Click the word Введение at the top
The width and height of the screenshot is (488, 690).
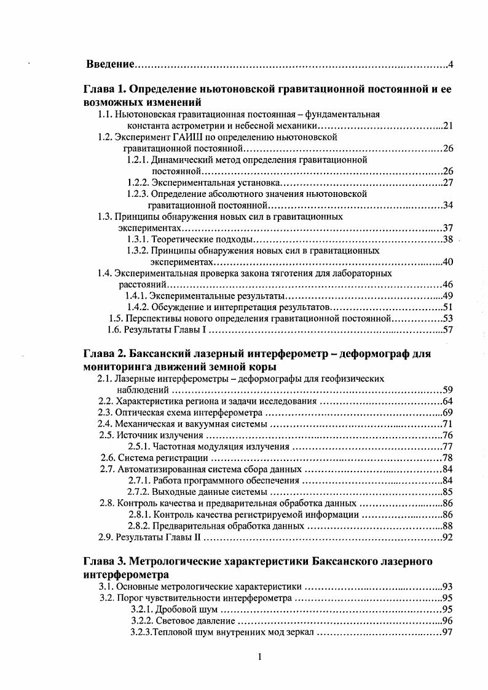pos(109,64)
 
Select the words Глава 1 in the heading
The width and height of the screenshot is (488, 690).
pos(103,90)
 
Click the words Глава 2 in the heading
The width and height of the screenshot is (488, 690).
pos(103,355)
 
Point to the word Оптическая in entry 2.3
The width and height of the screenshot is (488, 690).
pos(136,412)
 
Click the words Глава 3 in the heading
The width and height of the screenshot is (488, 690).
pos(103,561)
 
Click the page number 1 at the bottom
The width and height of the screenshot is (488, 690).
pos(260,656)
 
